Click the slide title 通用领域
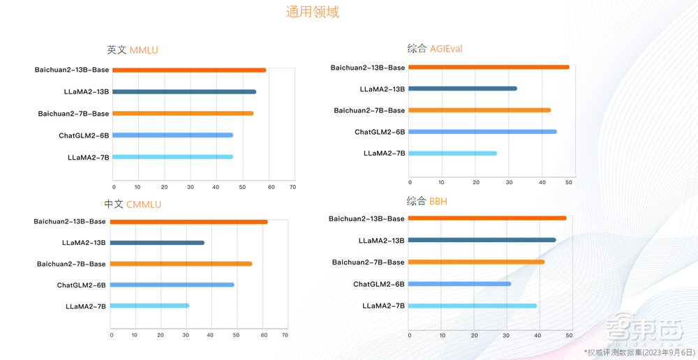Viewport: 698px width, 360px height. click(312, 13)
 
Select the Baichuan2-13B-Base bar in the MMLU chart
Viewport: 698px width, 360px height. click(189, 70)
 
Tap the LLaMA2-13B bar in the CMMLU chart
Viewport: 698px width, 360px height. click(157, 243)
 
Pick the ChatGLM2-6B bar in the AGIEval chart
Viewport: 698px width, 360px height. click(482, 132)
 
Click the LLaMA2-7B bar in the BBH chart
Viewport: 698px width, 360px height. click(473, 306)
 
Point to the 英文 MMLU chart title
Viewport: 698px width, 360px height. click(133, 50)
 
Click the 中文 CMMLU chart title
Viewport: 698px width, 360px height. click(133, 204)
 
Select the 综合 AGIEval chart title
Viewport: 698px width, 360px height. click(434, 49)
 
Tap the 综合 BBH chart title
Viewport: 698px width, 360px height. click(427, 201)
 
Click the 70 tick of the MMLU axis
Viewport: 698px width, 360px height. click(292, 187)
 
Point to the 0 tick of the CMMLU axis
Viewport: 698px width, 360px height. click(112, 336)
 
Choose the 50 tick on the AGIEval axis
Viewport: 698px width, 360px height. click(569, 183)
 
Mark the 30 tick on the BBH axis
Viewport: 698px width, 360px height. click(507, 336)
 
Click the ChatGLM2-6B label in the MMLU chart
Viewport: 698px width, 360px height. click(84, 135)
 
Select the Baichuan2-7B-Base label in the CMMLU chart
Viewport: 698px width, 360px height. click(71, 264)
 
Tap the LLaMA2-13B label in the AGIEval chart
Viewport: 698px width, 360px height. click(382, 89)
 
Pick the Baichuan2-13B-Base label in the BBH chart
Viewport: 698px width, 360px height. click(366, 219)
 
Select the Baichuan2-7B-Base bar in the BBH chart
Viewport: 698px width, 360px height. click(476, 262)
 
